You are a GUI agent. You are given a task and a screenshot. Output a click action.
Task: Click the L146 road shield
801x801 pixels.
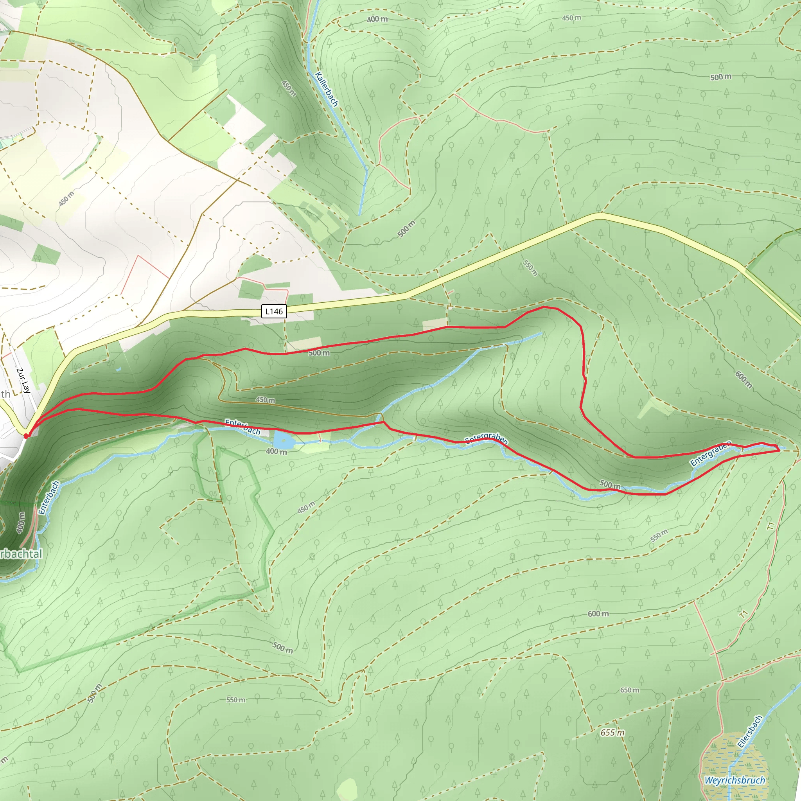[274, 311]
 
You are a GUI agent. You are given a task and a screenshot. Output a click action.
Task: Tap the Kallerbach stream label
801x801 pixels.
[326, 89]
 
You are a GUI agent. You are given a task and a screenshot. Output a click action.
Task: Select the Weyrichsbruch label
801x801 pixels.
[735, 780]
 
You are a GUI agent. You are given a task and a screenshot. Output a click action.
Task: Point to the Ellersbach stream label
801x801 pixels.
[750, 731]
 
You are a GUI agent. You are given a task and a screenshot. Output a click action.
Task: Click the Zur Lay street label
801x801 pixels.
[23, 380]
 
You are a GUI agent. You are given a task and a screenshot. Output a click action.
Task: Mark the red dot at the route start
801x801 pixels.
[26, 436]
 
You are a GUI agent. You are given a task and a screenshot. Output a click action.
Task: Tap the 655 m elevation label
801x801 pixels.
[612, 733]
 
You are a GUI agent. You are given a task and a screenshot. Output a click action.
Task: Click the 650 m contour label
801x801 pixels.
[629, 690]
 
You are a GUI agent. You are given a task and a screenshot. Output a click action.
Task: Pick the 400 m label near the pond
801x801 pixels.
[276, 451]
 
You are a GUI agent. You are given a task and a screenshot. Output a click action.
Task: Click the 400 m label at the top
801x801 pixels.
[377, 19]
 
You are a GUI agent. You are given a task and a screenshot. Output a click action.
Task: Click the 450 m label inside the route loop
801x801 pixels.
[265, 400]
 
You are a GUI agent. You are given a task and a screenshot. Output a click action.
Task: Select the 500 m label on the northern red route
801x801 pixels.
[319, 353]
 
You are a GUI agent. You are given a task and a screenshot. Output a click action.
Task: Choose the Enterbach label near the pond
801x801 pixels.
[242, 427]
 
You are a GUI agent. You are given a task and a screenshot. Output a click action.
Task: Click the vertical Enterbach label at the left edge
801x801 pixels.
[49, 497]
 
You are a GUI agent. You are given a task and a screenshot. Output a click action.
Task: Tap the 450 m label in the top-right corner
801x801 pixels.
[571, 18]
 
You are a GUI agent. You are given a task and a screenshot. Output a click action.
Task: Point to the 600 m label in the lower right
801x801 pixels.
[598, 614]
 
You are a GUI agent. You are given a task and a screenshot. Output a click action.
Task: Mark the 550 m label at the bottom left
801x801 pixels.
[235, 700]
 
